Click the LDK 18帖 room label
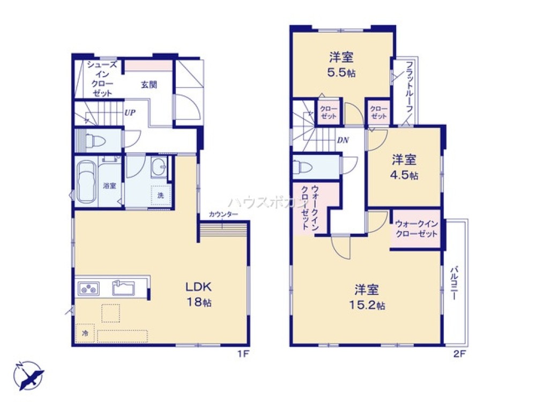coord(198,294)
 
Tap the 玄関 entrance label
coord(149,85)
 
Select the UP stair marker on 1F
coord(130,113)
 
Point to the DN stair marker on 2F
coord(343,140)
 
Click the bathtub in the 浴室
coord(86,181)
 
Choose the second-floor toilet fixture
coord(302,167)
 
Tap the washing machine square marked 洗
coord(161,195)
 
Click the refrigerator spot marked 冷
coord(85,333)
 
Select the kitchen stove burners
coord(89,288)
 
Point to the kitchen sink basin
coord(124,288)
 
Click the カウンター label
coord(224,214)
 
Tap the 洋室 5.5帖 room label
coord(341,65)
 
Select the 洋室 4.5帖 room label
coord(404,167)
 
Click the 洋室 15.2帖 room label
coord(367,297)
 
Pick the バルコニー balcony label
coord(455,284)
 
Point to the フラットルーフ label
coord(409,87)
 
